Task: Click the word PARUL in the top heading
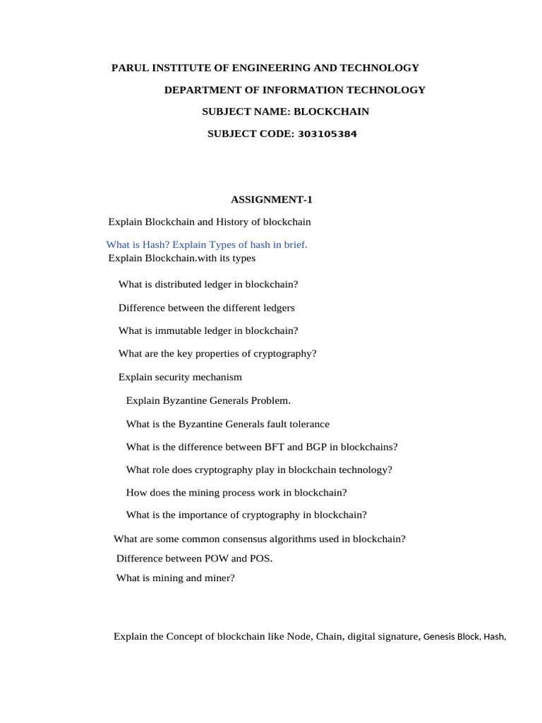pyautogui.click(x=128, y=68)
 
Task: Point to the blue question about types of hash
pyautogui.click(x=207, y=244)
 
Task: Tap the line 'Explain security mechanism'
pyautogui.click(x=180, y=377)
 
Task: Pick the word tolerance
pyautogui.click(x=307, y=424)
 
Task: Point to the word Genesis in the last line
pyautogui.click(x=440, y=637)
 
